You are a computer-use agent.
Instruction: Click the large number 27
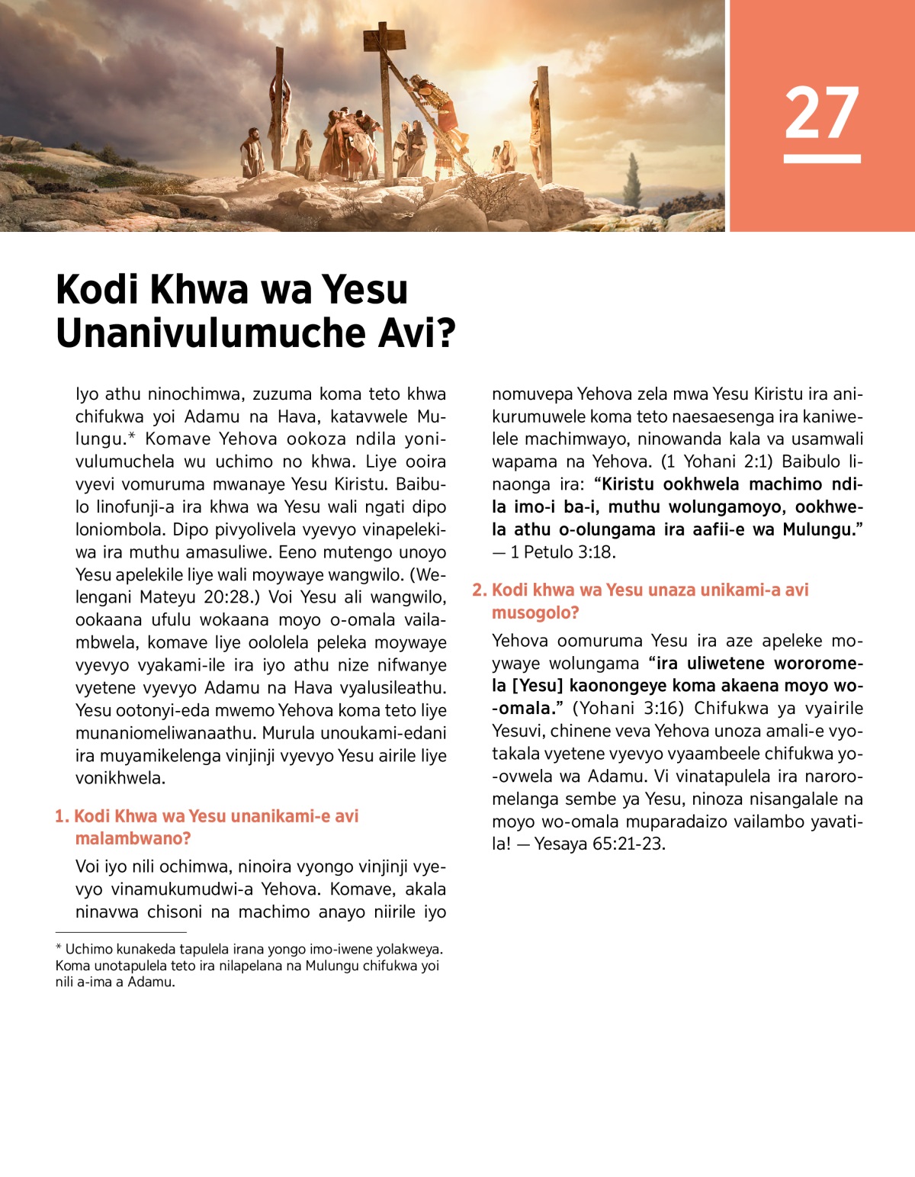(821, 112)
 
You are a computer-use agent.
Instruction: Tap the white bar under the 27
(821, 159)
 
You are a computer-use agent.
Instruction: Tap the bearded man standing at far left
(251, 151)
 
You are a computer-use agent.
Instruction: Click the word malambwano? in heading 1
(133, 838)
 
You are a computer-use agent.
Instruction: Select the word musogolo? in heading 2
(535, 613)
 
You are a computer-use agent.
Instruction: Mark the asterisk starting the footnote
(59, 948)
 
